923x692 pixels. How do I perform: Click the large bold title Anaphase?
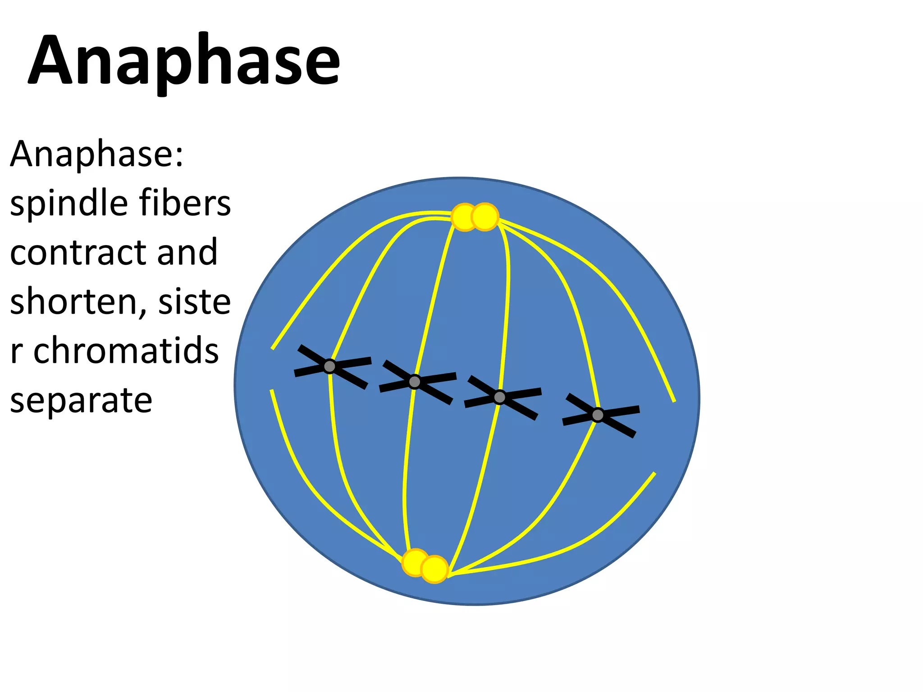click(184, 61)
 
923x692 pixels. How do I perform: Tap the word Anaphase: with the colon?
click(96, 154)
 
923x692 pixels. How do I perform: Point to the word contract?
click(78, 252)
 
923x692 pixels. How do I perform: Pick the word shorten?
click(74, 301)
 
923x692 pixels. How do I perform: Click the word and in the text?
click(187, 252)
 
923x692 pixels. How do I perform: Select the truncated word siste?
click(194, 301)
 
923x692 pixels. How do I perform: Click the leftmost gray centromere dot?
click(330, 366)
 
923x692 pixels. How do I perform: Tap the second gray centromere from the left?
click(415, 382)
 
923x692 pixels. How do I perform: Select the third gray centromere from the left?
click(499, 397)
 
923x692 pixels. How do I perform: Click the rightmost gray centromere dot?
click(598, 415)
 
